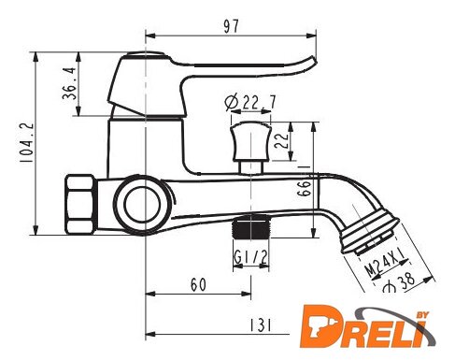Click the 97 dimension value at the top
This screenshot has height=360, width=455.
(x=231, y=26)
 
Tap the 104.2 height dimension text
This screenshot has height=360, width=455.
(x=26, y=142)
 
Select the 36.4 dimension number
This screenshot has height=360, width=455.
(x=69, y=83)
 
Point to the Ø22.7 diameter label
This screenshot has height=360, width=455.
(x=250, y=102)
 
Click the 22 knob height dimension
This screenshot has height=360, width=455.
(x=281, y=140)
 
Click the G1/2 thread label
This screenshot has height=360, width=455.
(x=250, y=257)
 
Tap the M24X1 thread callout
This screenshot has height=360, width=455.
(x=385, y=262)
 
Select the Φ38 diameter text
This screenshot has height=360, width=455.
(x=399, y=282)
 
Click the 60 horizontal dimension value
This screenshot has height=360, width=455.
(x=198, y=284)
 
